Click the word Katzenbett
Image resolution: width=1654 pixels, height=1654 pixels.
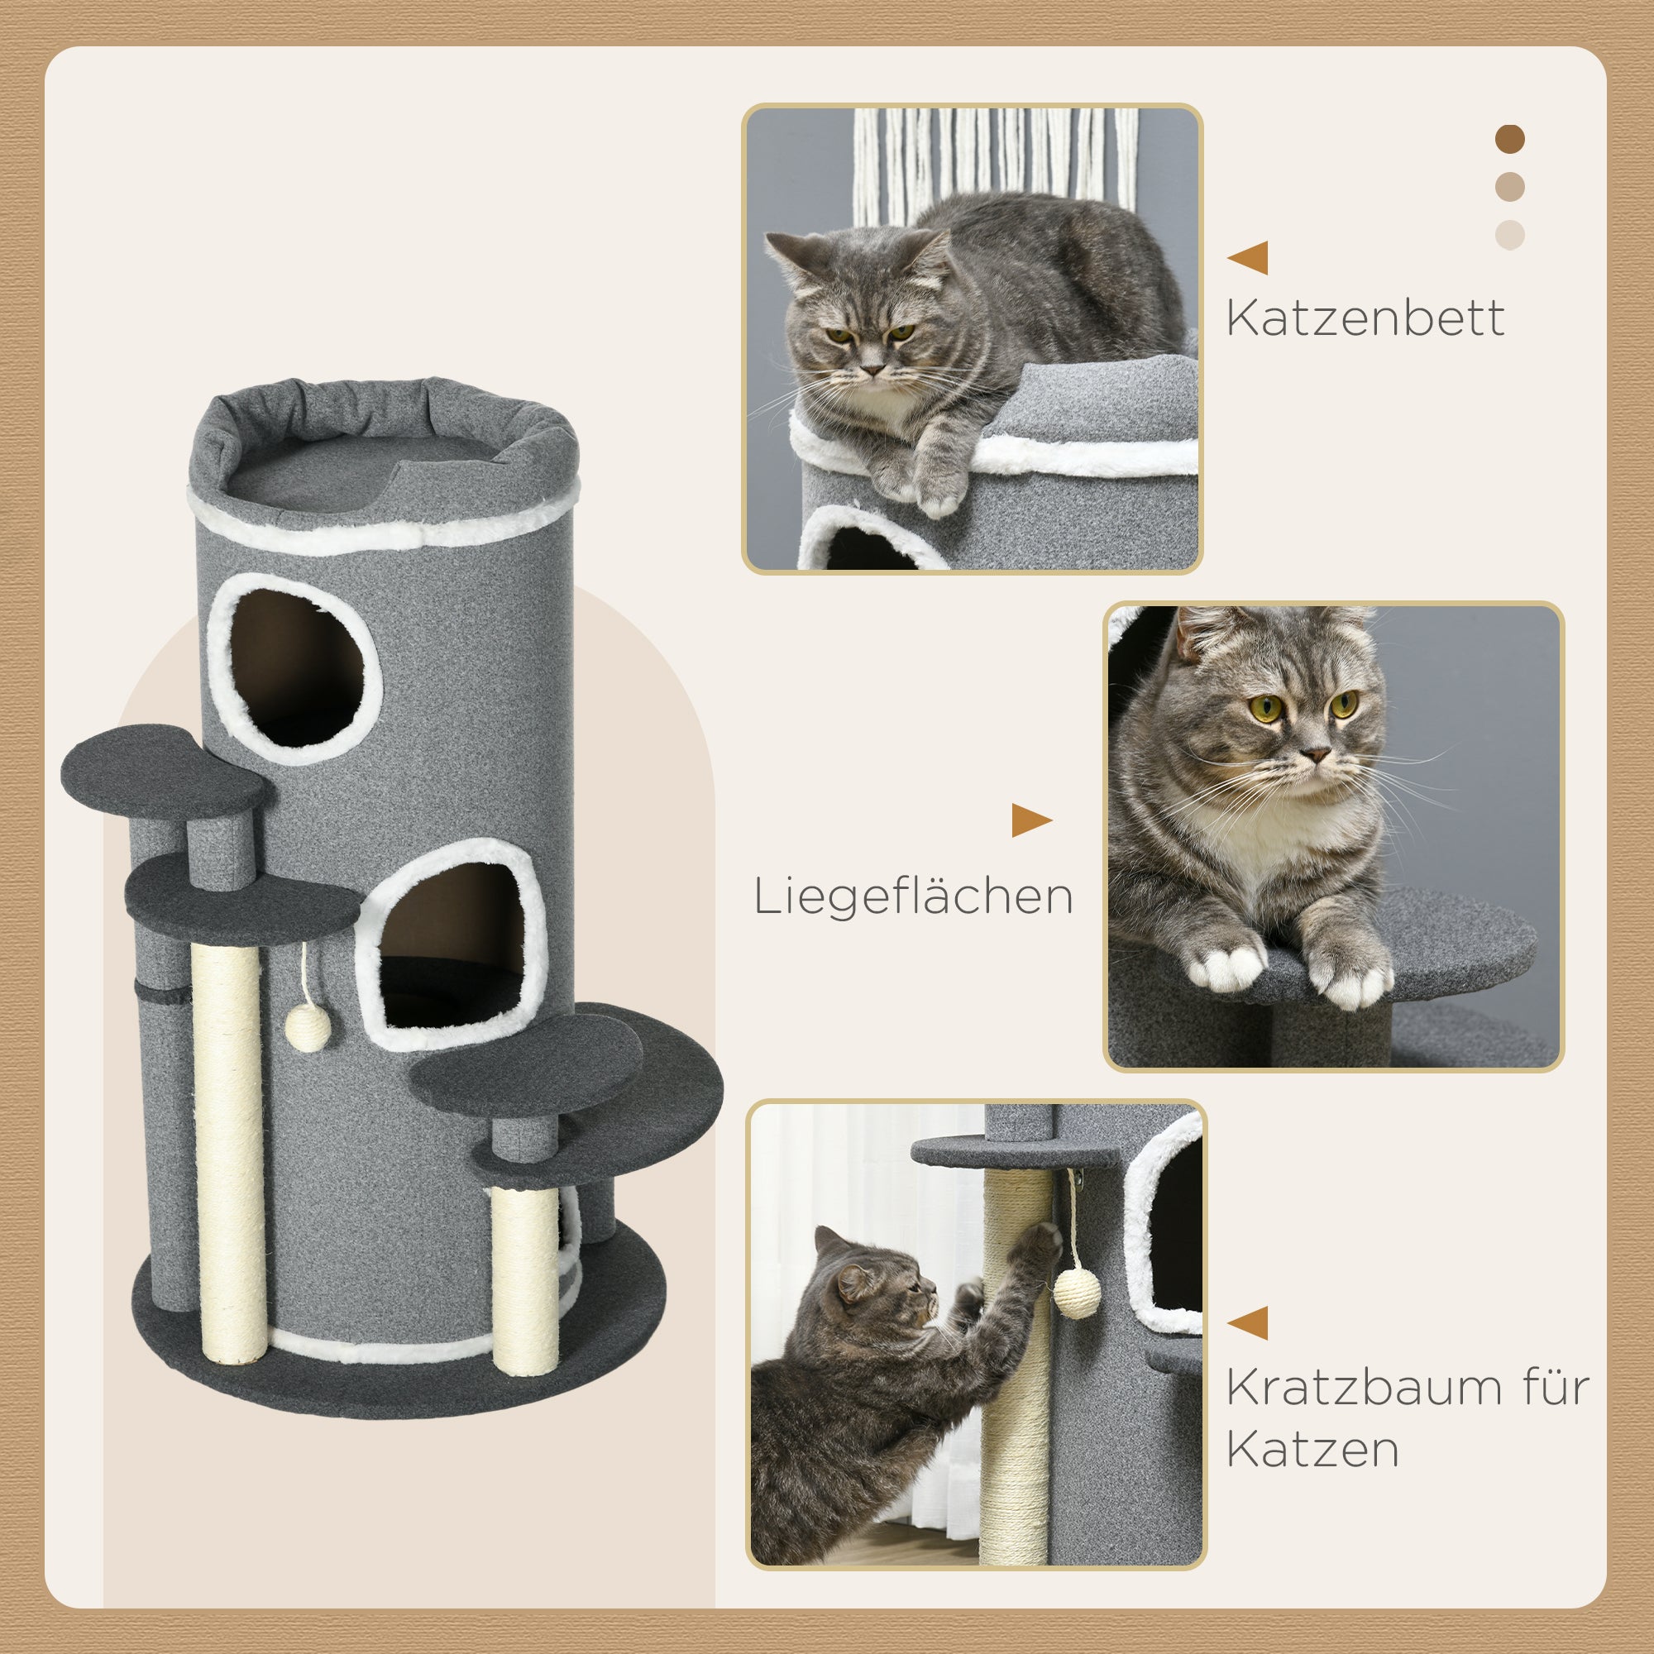click(1365, 318)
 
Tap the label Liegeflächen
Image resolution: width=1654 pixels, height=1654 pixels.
click(913, 897)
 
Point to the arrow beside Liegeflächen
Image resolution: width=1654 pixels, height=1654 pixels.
click(1030, 820)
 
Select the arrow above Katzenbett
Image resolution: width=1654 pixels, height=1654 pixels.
click(1249, 258)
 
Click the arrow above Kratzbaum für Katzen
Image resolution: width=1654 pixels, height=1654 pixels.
click(1249, 1322)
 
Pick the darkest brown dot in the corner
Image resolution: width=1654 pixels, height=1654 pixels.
click(1510, 139)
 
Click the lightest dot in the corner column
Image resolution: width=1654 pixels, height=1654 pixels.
click(1510, 235)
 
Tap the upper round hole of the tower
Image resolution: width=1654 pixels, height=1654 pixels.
click(295, 667)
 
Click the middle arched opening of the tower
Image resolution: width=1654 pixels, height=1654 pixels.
click(452, 946)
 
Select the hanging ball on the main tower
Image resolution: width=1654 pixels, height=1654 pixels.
click(308, 1027)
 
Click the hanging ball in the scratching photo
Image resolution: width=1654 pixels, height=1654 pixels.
click(1075, 1292)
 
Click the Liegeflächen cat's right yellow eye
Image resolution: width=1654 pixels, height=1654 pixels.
click(1343, 704)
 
